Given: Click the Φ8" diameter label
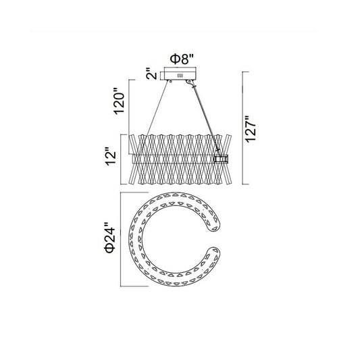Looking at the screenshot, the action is (x=182, y=59).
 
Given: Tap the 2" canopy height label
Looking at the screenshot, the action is (x=151, y=74).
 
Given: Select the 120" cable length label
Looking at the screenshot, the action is (x=120, y=101).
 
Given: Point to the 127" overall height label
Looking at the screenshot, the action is (x=251, y=129).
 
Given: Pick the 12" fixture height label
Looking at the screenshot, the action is (x=111, y=158).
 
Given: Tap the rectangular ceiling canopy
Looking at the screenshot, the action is (x=180, y=74).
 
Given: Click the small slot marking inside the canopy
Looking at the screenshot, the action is (x=180, y=76).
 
